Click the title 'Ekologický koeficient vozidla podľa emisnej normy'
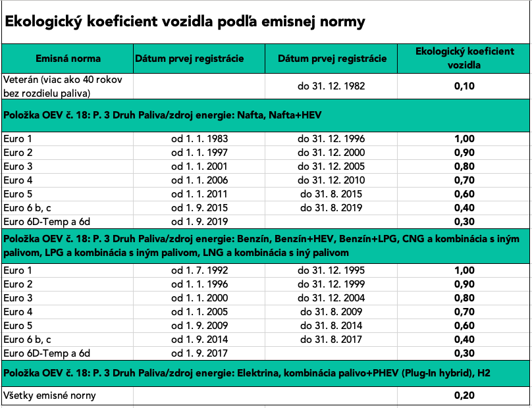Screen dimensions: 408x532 185,22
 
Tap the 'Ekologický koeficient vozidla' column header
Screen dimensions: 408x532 464,59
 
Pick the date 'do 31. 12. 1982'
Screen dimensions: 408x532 331,86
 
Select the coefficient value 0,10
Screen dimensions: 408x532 464,86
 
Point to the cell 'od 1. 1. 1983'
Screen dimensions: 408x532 199,139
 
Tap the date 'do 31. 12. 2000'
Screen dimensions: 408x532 331,152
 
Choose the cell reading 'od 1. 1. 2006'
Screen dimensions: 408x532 199,180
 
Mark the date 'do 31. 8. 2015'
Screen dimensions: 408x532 331,194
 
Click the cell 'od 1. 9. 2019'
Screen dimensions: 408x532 199,221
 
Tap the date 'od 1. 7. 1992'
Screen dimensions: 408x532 199,270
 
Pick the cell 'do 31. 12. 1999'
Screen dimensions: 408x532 331,284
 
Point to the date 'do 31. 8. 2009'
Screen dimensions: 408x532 331,312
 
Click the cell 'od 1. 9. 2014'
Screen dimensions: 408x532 199,340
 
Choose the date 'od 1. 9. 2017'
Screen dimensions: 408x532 199,353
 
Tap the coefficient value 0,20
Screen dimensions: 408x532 464,395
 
